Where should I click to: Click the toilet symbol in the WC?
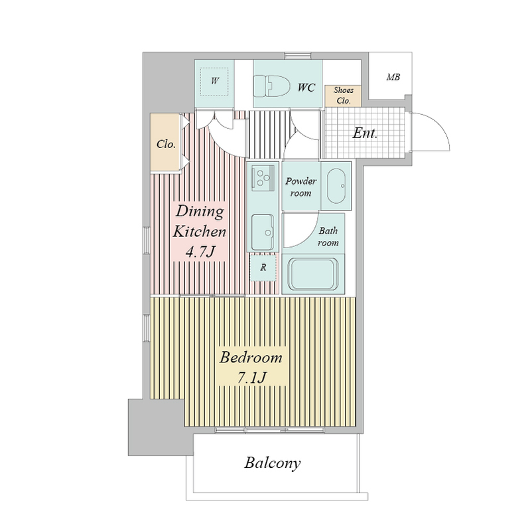272,86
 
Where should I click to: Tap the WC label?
306,88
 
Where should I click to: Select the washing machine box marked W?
214,82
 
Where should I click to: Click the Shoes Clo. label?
343,95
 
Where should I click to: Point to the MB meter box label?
393,77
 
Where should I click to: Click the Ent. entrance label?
365,133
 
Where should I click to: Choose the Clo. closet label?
166,144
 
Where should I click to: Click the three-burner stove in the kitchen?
263,176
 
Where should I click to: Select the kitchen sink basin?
263,232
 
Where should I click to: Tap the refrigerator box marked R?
263,267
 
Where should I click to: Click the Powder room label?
300,187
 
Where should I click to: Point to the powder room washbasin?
336,186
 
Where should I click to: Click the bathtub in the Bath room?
313,273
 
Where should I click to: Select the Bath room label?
328,237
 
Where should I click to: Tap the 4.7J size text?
200,252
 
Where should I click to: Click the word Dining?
200,212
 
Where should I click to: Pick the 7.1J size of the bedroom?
252,377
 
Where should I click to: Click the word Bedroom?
251,358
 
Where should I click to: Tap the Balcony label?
273,463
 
